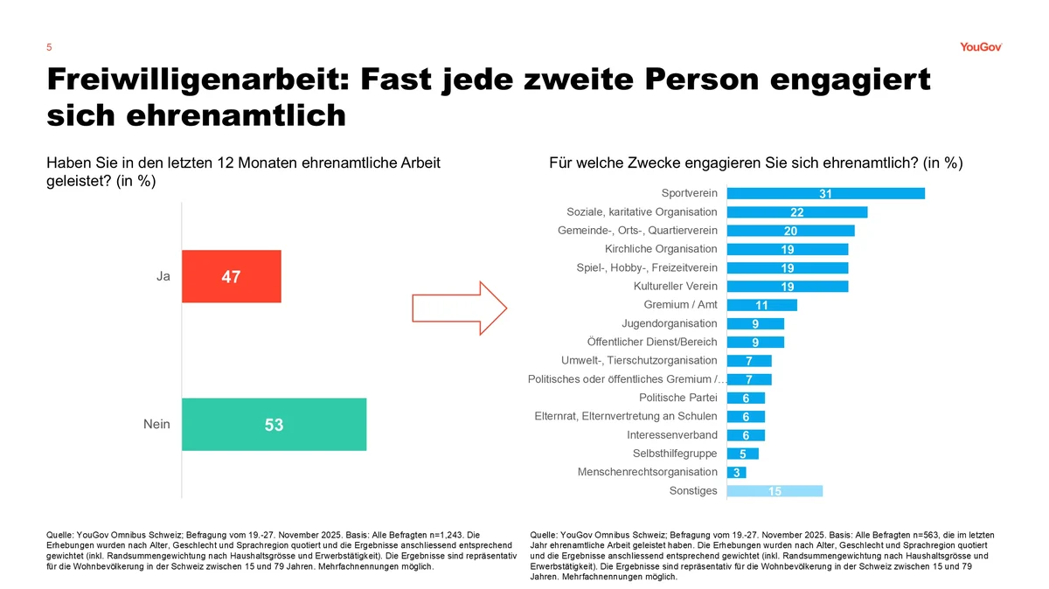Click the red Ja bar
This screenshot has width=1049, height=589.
232,276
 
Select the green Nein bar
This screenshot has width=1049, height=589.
274,425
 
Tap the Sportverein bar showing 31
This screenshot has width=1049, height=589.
825,193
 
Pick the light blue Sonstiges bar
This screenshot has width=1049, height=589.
775,491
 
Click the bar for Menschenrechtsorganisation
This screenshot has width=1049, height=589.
736,473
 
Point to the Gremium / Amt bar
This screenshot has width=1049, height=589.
761,305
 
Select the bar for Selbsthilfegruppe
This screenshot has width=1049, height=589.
742,454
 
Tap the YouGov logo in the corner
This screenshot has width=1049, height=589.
980,47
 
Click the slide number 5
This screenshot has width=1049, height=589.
49,47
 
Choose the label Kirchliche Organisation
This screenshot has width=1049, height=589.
661,249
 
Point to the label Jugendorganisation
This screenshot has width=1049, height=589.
669,323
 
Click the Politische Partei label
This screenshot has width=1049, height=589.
677,398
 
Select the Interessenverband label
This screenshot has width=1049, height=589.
672,435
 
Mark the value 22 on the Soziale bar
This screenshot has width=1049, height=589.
796,212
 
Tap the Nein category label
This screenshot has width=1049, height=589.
156,425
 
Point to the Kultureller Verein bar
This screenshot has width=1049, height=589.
787,287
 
